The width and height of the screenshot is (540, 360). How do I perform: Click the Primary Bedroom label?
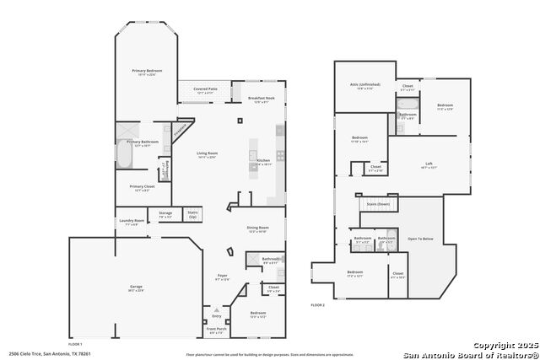click(x=146, y=71)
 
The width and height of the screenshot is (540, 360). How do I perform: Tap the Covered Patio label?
click(x=206, y=89)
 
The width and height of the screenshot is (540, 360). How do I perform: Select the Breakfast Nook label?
click(x=262, y=99)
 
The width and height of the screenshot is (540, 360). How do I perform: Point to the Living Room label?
click(x=207, y=154)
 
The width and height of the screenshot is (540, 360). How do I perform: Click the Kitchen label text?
click(x=263, y=160)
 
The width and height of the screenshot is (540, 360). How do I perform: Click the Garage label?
click(x=135, y=287)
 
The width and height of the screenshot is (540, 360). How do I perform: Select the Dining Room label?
click(x=257, y=228)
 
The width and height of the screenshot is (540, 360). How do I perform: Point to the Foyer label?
click(x=222, y=275)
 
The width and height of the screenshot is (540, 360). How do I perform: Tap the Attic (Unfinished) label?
click(x=364, y=84)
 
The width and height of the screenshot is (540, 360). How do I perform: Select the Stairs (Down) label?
click(x=377, y=204)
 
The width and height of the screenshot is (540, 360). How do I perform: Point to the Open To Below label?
click(x=419, y=239)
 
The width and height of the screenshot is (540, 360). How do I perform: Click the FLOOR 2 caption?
click(x=317, y=304)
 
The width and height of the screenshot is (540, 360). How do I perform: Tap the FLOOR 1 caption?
click(x=75, y=344)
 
